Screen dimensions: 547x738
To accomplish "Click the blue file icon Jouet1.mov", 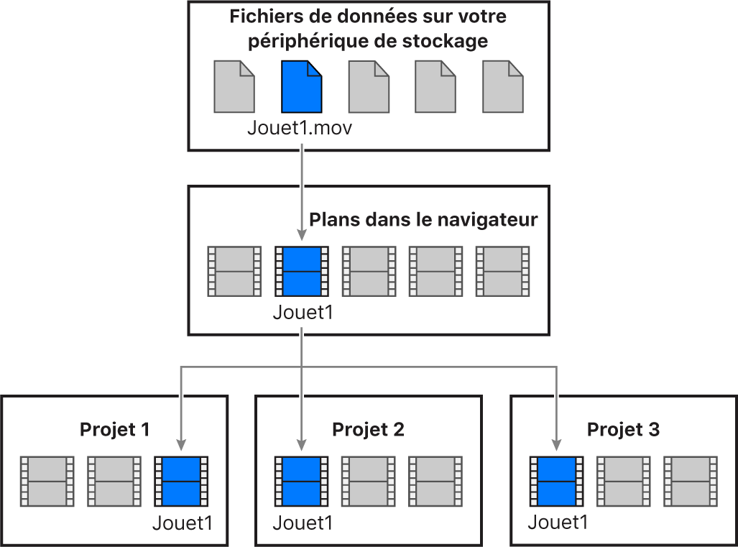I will click(x=301, y=87).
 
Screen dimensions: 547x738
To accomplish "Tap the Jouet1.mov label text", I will click(x=300, y=129).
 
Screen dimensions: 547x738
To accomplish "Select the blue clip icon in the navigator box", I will click(x=301, y=272).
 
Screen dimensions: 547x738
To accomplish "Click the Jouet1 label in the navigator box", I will click(x=303, y=314).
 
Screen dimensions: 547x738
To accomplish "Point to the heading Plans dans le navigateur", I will click(x=423, y=219).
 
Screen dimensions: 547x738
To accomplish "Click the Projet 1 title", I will click(x=115, y=430).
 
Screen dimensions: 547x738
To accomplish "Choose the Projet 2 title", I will click(x=368, y=430).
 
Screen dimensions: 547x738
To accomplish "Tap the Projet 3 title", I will click(x=623, y=430).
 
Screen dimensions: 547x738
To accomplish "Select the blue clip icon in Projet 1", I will click(x=181, y=482).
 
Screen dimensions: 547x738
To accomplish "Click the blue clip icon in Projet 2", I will click(x=301, y=482).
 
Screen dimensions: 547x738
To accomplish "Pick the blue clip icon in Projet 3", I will click(x=555, y=482).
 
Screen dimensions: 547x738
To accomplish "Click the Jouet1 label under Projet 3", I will click(x=558, y=523).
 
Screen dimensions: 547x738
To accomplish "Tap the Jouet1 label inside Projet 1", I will click(x=183, y=523).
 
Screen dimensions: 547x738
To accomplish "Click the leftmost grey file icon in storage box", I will click(x=234, y=87).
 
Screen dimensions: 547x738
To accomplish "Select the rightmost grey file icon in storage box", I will click(x=502, y=87).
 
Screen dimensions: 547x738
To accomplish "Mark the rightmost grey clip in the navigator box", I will click(x=502, y=272).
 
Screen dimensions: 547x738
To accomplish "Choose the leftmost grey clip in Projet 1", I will click(x=47, y=482).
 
